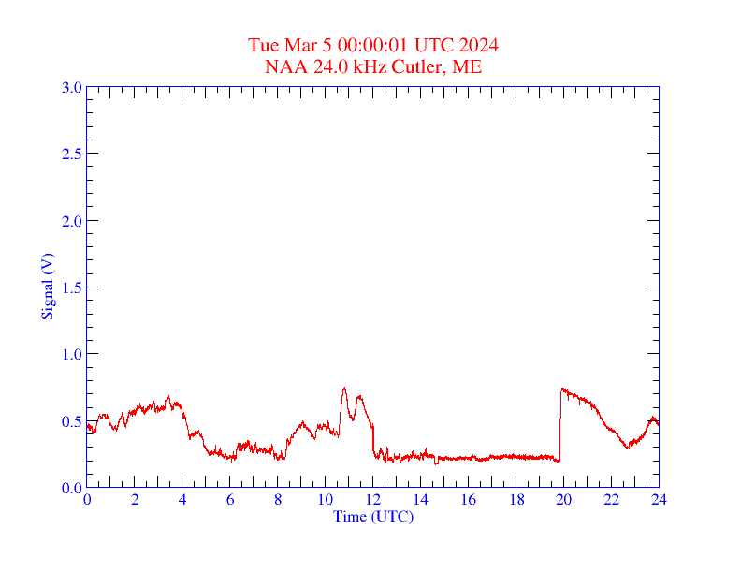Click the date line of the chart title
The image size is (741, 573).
[372, 45]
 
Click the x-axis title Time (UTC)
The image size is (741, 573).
[372, 516]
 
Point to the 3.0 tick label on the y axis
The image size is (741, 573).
[71, 87]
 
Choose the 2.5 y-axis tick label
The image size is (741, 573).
[71, 154]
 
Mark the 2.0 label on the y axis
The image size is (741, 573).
[71, 221]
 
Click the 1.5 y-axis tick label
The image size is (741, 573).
[71, 287]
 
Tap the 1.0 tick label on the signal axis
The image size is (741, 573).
[71, 354]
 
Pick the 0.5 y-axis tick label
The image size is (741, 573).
[71, 421]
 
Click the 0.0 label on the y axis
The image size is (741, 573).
[71, 488]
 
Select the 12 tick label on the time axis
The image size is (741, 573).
[373, 500]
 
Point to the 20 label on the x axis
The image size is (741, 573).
[563, 500]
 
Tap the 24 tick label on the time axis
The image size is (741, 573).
[659, 500]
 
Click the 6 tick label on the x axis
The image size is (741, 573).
[230, 500]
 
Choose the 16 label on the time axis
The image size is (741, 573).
[468, 500]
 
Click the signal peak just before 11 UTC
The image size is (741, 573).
[344, 388]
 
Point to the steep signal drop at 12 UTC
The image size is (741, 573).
[373, 440]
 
